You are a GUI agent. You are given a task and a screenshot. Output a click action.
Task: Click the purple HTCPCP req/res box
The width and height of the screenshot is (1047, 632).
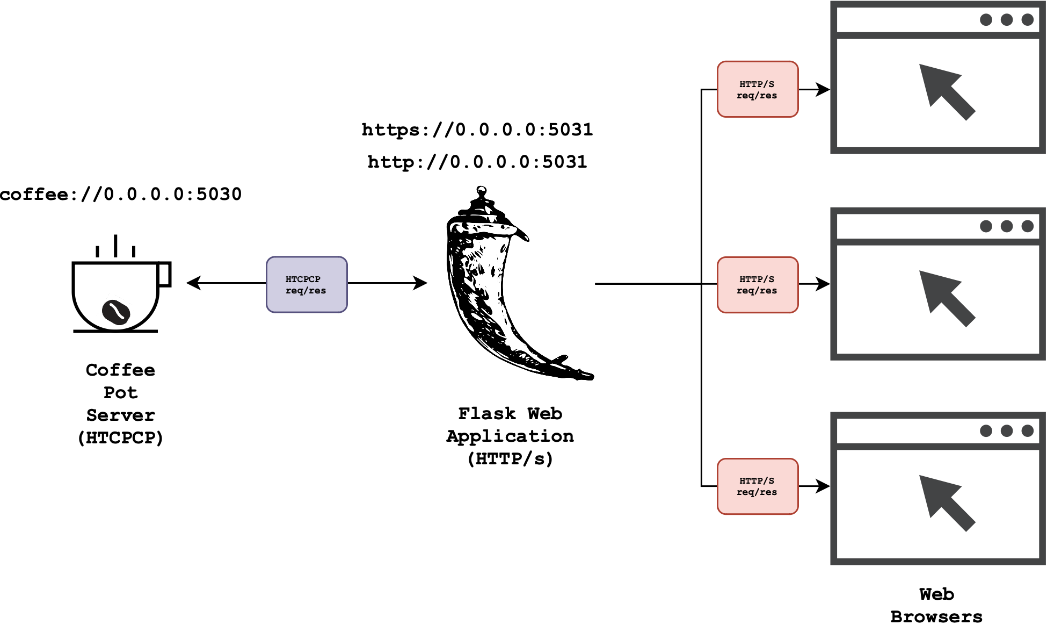pyautogui.click(x=307, y=285)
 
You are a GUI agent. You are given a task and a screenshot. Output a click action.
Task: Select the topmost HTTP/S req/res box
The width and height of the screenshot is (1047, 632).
pyautogui.click(x=757, y=89)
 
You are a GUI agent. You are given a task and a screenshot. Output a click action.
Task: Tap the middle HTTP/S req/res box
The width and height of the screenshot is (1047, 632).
pyautogui.click(x=757, y=285)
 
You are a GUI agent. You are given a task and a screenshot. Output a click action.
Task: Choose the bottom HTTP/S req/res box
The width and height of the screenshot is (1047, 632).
pyautogui.click(x=757, y=486)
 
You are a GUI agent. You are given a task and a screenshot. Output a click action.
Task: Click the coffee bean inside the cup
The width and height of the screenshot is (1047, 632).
pyautogui.click(x=116, y=312)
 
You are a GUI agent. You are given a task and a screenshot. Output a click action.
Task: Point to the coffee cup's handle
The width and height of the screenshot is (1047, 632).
pyautogui.click(x=165, y=274)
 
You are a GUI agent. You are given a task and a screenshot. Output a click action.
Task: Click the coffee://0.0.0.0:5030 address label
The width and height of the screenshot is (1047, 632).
pyautogui.click(x=121, y=194)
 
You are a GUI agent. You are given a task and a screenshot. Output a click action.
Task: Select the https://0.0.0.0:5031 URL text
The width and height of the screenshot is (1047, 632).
pyautogui.click(x=477, y=130)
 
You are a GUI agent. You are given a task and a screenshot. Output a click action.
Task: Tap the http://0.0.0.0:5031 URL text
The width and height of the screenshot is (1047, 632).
pyautogui.click(x=477, y=162)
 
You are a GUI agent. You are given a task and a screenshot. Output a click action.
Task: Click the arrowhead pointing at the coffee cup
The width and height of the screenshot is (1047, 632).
pyautogui.click(x=193, y=283)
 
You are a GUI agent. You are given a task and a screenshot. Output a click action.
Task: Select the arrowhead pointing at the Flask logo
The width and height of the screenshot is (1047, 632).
pyautogui.click(x=420, y=283)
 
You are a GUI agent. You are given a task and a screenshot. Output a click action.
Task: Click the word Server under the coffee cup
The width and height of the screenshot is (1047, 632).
pyautogui.click(x=121, y=415)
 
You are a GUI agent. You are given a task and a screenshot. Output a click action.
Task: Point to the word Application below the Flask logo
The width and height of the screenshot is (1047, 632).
pyautogui.click(x=510, y=436)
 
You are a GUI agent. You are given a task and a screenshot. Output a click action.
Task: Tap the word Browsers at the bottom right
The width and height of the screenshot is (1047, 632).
pyautogui.click(x=936, y=617)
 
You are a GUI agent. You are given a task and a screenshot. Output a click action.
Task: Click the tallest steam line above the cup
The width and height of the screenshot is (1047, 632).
pyautogui.click(x=115, y=246)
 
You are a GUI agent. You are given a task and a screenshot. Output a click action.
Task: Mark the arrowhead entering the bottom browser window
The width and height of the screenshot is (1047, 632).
pyautogui.click(x=823, y=486)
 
